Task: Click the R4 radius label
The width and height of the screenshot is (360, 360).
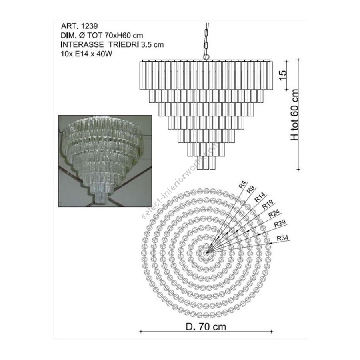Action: pyautogui.click(x=242, y=184)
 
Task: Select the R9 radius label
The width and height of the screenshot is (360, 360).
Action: pyautogui.click(x=250, y=190)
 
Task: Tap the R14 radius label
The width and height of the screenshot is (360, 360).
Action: pyautogui.click(x=260, y=197)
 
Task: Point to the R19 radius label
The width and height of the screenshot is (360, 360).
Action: pyautogui.click(x=268, y=204)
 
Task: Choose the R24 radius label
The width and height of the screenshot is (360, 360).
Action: pyautogui.click(x=274, y=213)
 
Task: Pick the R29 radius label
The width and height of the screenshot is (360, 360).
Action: pyautogui.click(x=280, y=223)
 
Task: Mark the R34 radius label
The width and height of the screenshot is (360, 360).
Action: pyautogui.click(x=282, y=238)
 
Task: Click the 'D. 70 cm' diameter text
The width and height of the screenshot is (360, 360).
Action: pyautogui.click(x=206, y=326)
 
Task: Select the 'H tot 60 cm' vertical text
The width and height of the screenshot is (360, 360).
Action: pyautogui.click(x=295, y=115)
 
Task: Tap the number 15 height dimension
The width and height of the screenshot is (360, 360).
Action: pyautogui.click(x=283, y=75)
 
